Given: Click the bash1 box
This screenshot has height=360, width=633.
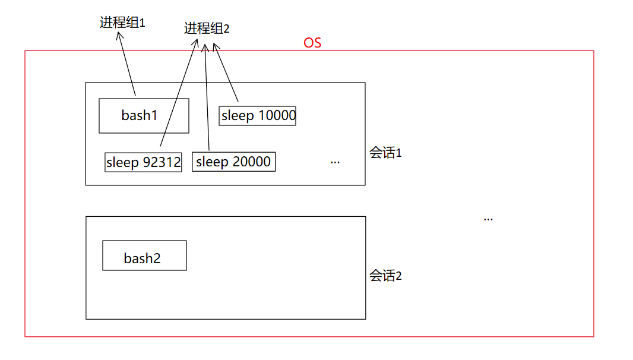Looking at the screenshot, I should pyautogui.click(x=144, y=115).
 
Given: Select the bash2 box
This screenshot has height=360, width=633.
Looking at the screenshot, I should pyautogui.click(x=144, y=255).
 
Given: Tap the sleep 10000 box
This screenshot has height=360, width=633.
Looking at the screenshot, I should pyautogui.click(x=258, y=115).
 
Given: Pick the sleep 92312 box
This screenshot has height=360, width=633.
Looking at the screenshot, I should pyautogui.click(x=143, y=162).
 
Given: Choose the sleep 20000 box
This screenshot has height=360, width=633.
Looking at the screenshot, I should pyautogui.click(x=233, y=162).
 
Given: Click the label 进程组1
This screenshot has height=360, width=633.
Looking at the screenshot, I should pyautogui.click(x=122, y=23).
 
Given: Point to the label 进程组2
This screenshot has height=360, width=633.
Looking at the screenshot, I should pyautogui.click(x=207, y=29).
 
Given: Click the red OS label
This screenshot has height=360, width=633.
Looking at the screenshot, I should pyautogui.click(x=312, y=43).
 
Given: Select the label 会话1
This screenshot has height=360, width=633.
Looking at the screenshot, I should pyautogui.click(x=386, y=153).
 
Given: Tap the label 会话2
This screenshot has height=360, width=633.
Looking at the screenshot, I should pyautogui.click(x=386, y=276).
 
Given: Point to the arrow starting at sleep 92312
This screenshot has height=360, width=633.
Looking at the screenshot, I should pyautogui.click(x=178, y=92).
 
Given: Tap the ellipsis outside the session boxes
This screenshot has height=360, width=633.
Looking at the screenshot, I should pyautogui.click(x=488, y=219).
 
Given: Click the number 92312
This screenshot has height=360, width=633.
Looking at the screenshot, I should pyautogui.click(x=162, y=162).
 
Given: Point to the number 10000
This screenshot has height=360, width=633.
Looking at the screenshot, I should pyautogui.click(x=276, y=115).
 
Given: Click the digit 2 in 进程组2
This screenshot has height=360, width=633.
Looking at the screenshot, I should pyautogui.click(x=226, y=29).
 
